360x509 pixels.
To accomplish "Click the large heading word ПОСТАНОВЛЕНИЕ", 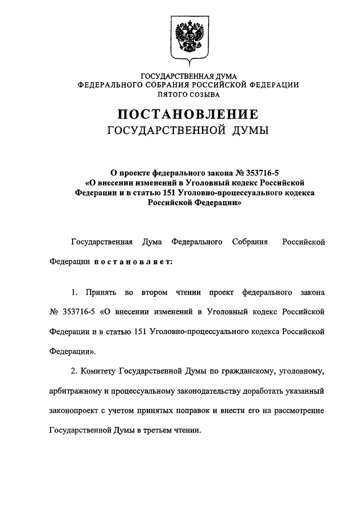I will pyautogui.click(x=188, y=115).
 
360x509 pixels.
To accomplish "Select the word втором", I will pyautogui.click(x=156, y=293).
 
